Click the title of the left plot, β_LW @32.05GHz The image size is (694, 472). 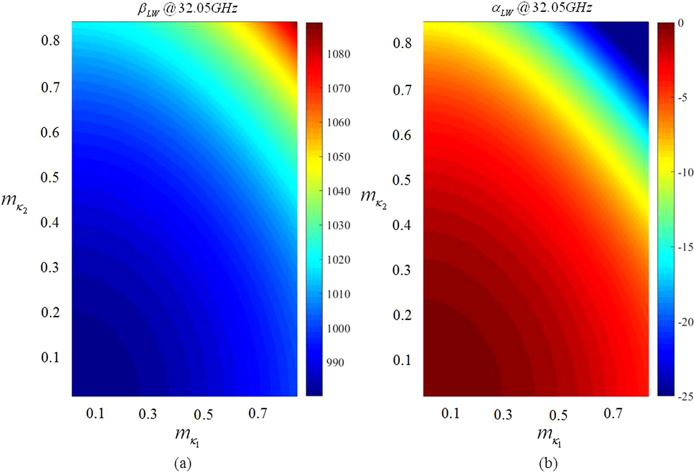tap(187, 9)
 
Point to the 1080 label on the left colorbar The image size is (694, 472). tap(338, 54)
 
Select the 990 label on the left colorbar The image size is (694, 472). tap(335, 363)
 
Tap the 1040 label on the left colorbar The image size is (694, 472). tap(338, 191)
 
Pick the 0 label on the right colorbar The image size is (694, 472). tap(681, 23)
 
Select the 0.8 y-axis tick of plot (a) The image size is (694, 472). tap(50, 41)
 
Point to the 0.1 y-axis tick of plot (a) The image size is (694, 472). tap(50, 357)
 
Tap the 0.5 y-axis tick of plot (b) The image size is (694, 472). tap(402, 180)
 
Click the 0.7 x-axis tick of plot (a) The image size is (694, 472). tap(258, 413)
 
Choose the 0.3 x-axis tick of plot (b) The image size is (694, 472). tap(503, 414)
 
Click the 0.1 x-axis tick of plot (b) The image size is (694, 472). tap(450, 413)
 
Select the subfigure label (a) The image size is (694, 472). tap(182, 463)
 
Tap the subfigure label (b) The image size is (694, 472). tap(548, 463)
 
